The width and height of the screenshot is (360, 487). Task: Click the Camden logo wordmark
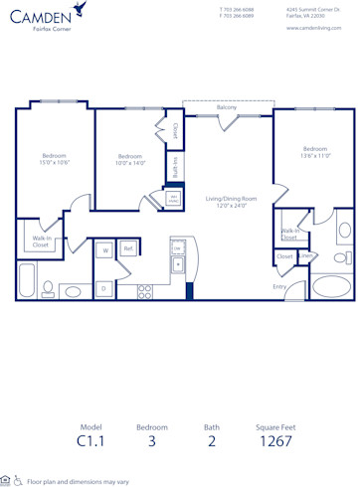coord(40,16)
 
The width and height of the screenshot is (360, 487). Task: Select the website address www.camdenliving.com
coord(314,28)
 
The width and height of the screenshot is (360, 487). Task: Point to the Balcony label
coord(226,107)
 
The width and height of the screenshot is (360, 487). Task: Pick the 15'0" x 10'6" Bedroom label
coord(54,158)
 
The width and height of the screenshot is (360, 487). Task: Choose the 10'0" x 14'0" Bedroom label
coord(130,159)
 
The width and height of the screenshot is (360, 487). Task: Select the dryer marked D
coord(103,288)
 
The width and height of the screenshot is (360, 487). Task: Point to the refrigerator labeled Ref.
coord(128,248)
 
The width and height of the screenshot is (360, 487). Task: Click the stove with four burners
coord(144,291)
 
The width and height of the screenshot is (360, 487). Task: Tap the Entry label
coord(280,287)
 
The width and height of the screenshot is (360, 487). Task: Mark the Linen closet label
coord(306,256)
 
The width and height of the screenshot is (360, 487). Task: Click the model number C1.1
coord(90,441)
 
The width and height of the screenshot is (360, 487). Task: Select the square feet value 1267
coord(273,441)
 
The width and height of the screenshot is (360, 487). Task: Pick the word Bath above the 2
coord(212,426)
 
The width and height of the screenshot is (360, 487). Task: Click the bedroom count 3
coord(151,441)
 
